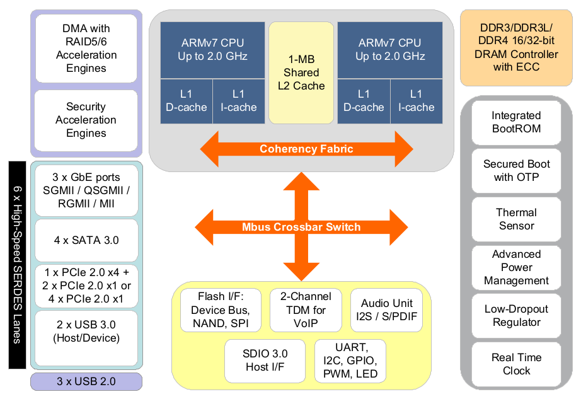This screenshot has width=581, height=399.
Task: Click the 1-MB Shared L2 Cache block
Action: [x=301, y=72]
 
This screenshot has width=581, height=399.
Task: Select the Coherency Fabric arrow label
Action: [x=306, y=149]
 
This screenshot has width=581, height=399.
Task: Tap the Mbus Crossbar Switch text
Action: [x=301, y=227]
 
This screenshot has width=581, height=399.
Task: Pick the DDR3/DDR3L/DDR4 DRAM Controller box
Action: [x=516, y=48]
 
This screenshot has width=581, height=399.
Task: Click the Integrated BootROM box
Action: [x=516, y=122]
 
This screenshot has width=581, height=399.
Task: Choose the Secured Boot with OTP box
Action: [x=516, y=171]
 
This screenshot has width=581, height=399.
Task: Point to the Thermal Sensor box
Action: [x=516, y=219]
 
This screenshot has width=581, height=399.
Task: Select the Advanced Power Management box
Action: [x=516, y=267]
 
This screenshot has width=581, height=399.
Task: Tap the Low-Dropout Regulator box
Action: [x=516, y=316]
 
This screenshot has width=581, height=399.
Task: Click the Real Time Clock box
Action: [x=516, y=364]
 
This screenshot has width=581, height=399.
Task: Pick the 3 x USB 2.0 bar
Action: [x=86, y=381]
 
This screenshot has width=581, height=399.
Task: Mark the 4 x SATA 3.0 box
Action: [x=86, y=240]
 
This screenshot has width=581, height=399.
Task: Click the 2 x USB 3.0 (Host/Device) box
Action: [x=86, y=338]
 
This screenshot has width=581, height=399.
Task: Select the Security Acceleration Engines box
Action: [x=86, y=120]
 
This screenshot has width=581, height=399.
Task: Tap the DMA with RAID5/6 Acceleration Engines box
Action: [x=86, y=49]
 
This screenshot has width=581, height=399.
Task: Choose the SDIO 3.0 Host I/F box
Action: [x=265, y=361]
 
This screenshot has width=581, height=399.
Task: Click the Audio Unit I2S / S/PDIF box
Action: [x=386, y=310]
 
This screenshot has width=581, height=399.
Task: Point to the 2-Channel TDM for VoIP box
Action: [x=306, y=310]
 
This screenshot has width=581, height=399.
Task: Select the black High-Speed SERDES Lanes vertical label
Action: [x=18, y=265]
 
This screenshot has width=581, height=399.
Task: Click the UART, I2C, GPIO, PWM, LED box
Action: [x=350, y=361]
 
